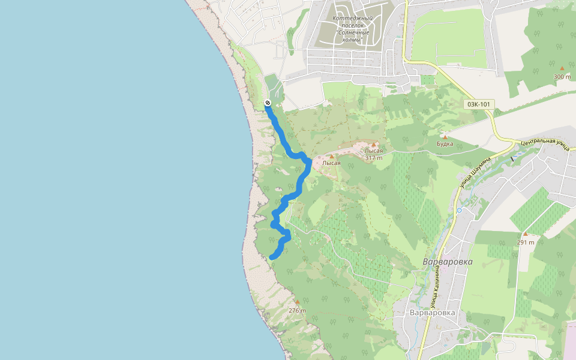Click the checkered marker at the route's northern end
click(267, 103)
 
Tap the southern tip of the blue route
click(272, 257)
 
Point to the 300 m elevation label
click(562, 77)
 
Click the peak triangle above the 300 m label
click(562, 68)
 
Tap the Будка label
click(445, 144)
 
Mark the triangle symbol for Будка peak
click(445, 136)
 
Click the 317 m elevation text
click(374, 158)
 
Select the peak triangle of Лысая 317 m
click(374, 145)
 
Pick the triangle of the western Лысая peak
click(331, 157)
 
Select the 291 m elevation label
click(525, 242)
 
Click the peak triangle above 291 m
click(525, 234)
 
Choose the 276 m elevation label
click(297, 311)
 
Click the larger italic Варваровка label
click(448, 262)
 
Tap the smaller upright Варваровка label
click(432, 313)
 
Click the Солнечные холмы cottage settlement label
click(353, 29)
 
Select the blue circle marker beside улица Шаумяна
click(459, 211)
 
